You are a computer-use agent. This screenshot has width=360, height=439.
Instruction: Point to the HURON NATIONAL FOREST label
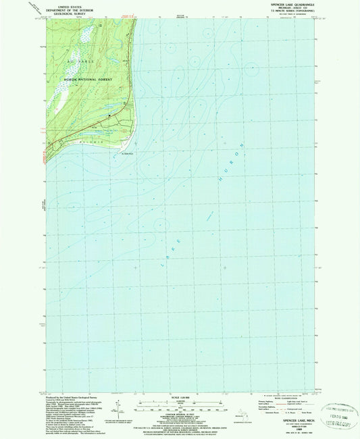[86, 80]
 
